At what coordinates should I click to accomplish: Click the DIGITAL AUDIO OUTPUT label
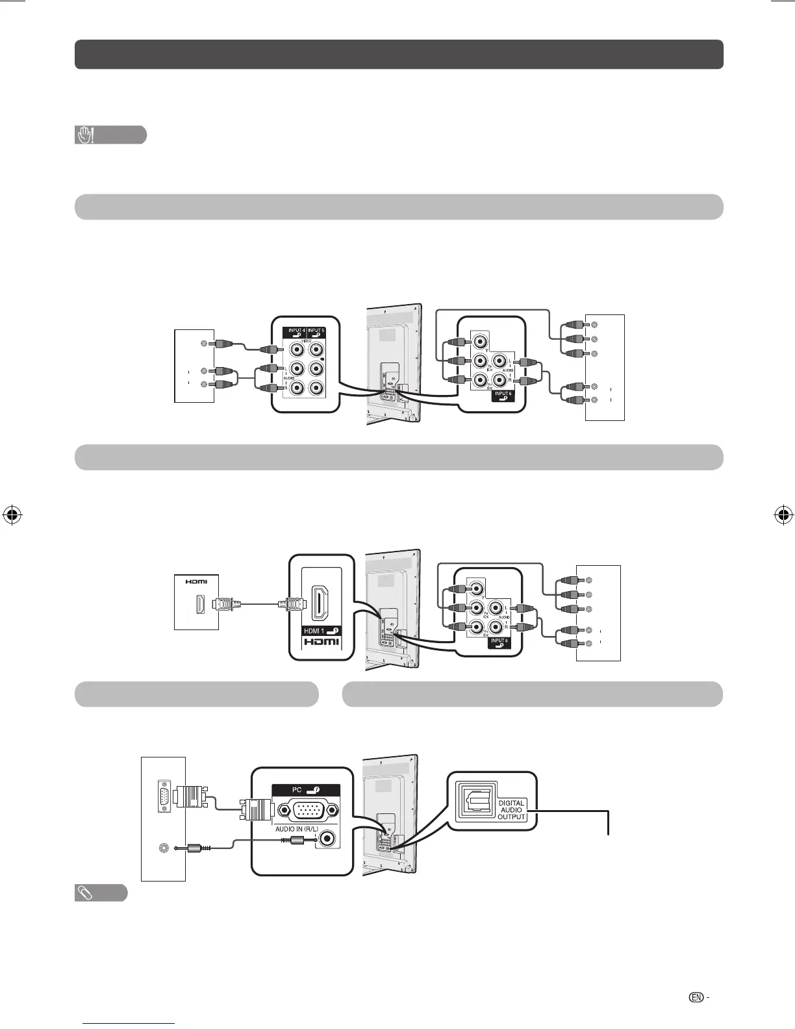click(511, 809)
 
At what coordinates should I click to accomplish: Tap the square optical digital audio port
click(475, 801)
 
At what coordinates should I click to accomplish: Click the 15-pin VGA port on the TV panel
click(307, 811)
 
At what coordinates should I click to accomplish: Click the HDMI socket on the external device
click(201, 605)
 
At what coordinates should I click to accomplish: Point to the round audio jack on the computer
click(164, 848)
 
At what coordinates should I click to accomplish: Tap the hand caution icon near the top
click(85, 135)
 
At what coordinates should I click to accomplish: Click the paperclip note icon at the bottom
click(85, 893)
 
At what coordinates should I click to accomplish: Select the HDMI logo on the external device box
click(196, 581)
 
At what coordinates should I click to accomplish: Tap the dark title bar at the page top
click(399, 54)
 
